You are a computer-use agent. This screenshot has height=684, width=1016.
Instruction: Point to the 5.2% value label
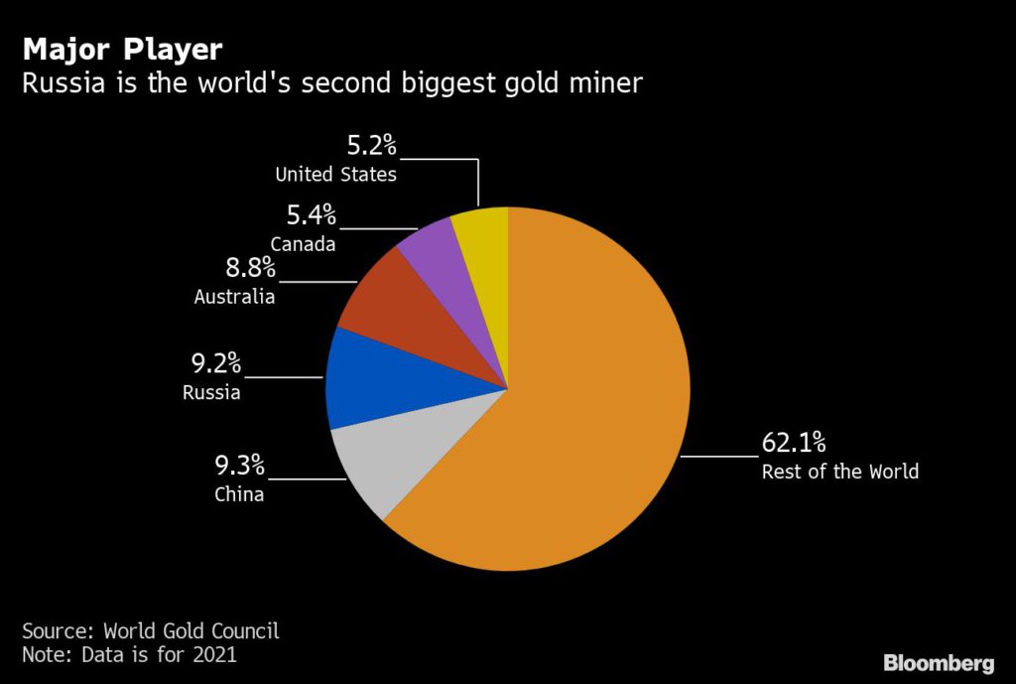pyautogui.click(x=371, y=146)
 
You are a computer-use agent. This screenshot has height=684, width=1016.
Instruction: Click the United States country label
pyautogui.click(x=336, y=175)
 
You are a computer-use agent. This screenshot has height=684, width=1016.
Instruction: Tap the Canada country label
pyautogui.click(x=303, y=243)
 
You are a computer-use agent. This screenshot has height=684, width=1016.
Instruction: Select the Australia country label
pyautogui.click(x=235, y=296)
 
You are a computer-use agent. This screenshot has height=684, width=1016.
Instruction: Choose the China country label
pyautogui.click(x=239, y=493)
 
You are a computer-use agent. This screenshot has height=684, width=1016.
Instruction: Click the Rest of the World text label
pyautogui.click(x=839, y=472)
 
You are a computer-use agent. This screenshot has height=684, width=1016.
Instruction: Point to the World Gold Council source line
pyautogui.click(x=151, y=630)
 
